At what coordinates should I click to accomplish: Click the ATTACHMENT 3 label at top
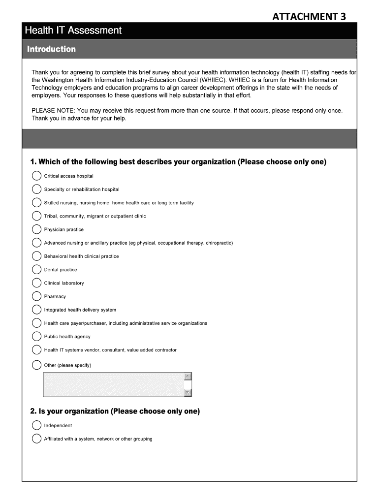coord(309,16)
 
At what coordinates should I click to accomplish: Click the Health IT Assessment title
coord(73,31)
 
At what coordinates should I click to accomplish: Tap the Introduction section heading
coord(51,49)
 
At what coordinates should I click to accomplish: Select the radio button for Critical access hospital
coord(36,176)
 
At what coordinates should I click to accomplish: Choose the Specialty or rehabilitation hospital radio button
coord(36,189)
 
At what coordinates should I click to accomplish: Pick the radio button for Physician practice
coord(36,229)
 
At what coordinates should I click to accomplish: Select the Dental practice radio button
coord(36,270)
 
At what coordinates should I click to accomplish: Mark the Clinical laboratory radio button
coord(36,283)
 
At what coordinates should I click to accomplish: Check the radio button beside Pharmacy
coord(36,296)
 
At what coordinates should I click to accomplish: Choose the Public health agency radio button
coord(36,337)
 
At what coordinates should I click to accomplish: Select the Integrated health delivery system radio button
coord(36,310)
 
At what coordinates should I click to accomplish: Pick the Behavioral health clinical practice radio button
coord(36,256)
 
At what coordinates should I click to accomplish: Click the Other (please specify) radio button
coord(36,365)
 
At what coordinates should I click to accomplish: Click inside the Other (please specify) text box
coord(113,384)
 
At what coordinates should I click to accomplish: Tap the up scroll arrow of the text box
coord(188,377)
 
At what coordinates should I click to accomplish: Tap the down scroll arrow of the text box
coord(188,392)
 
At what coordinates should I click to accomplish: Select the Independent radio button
coord(36,426)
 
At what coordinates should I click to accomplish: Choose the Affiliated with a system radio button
coord(36,439)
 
